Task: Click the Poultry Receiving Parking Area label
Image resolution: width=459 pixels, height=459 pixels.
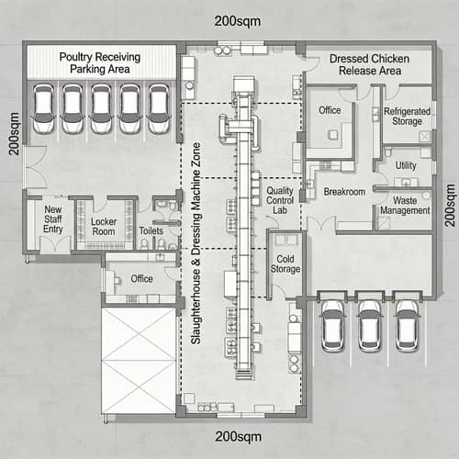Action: point(100,62)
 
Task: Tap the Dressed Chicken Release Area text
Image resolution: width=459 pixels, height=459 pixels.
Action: point(369,64)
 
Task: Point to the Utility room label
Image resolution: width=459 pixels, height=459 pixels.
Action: point(406,165)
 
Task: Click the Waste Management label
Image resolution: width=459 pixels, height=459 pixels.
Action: point(405,205)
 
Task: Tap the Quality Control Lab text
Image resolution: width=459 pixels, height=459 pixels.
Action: point(282,199)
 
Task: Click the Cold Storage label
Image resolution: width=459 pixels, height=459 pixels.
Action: point(286,263)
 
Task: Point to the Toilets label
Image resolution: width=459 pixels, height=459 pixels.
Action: point(151,231)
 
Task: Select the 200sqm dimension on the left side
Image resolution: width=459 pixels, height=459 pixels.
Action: point(15,135)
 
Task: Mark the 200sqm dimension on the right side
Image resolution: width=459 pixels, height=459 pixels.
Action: point(449,205)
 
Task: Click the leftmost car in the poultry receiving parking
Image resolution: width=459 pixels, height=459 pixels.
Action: point(44,108)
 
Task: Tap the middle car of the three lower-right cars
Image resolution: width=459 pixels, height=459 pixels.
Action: point(370,322)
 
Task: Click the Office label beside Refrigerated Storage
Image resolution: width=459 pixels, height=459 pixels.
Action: point(330,111)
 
